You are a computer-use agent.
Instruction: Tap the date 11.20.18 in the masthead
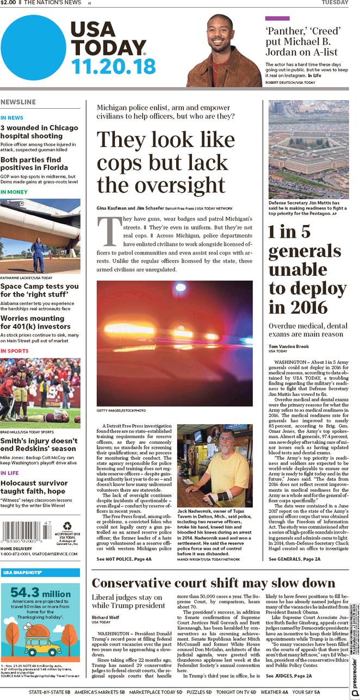pyautogui.click(x=113, y=66)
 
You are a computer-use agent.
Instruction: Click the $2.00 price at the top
pyautogui.click(x=8, y=3)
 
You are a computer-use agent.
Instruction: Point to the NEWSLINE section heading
pyautogui.click(x=18, y=102)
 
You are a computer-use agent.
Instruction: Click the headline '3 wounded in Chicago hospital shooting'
pyautogui.click(x=39, y=132)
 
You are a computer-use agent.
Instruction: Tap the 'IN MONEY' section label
pyautogui.click(x=14, y=192)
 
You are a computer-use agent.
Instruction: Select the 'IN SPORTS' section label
pyautogui.click(x=15, y=351)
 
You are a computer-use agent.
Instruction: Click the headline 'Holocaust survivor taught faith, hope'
pyautogui.click(x=33, y=487)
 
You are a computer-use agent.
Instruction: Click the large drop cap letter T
pyautogui.click(x=107, y=231)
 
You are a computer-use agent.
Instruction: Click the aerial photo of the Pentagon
pyautogui.click(x=308, y=150)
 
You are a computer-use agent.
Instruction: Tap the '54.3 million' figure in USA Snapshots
pyautogui.click(x=40, y=593)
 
